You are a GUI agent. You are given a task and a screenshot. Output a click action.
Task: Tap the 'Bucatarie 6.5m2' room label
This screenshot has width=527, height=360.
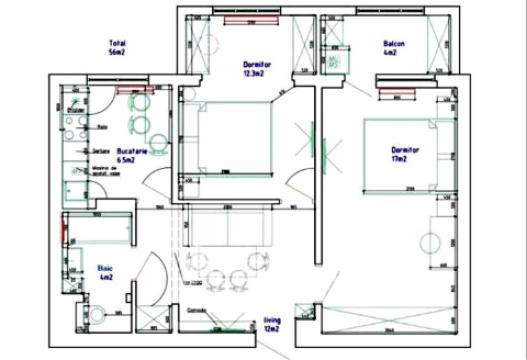pos(126,153)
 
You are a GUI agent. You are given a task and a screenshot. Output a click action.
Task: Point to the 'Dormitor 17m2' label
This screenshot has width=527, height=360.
pos(405,154)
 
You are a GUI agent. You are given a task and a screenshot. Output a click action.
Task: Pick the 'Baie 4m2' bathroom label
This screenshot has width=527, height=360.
pos(105,272)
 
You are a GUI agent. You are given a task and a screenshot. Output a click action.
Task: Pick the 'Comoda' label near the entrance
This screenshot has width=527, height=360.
pos(196,309)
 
